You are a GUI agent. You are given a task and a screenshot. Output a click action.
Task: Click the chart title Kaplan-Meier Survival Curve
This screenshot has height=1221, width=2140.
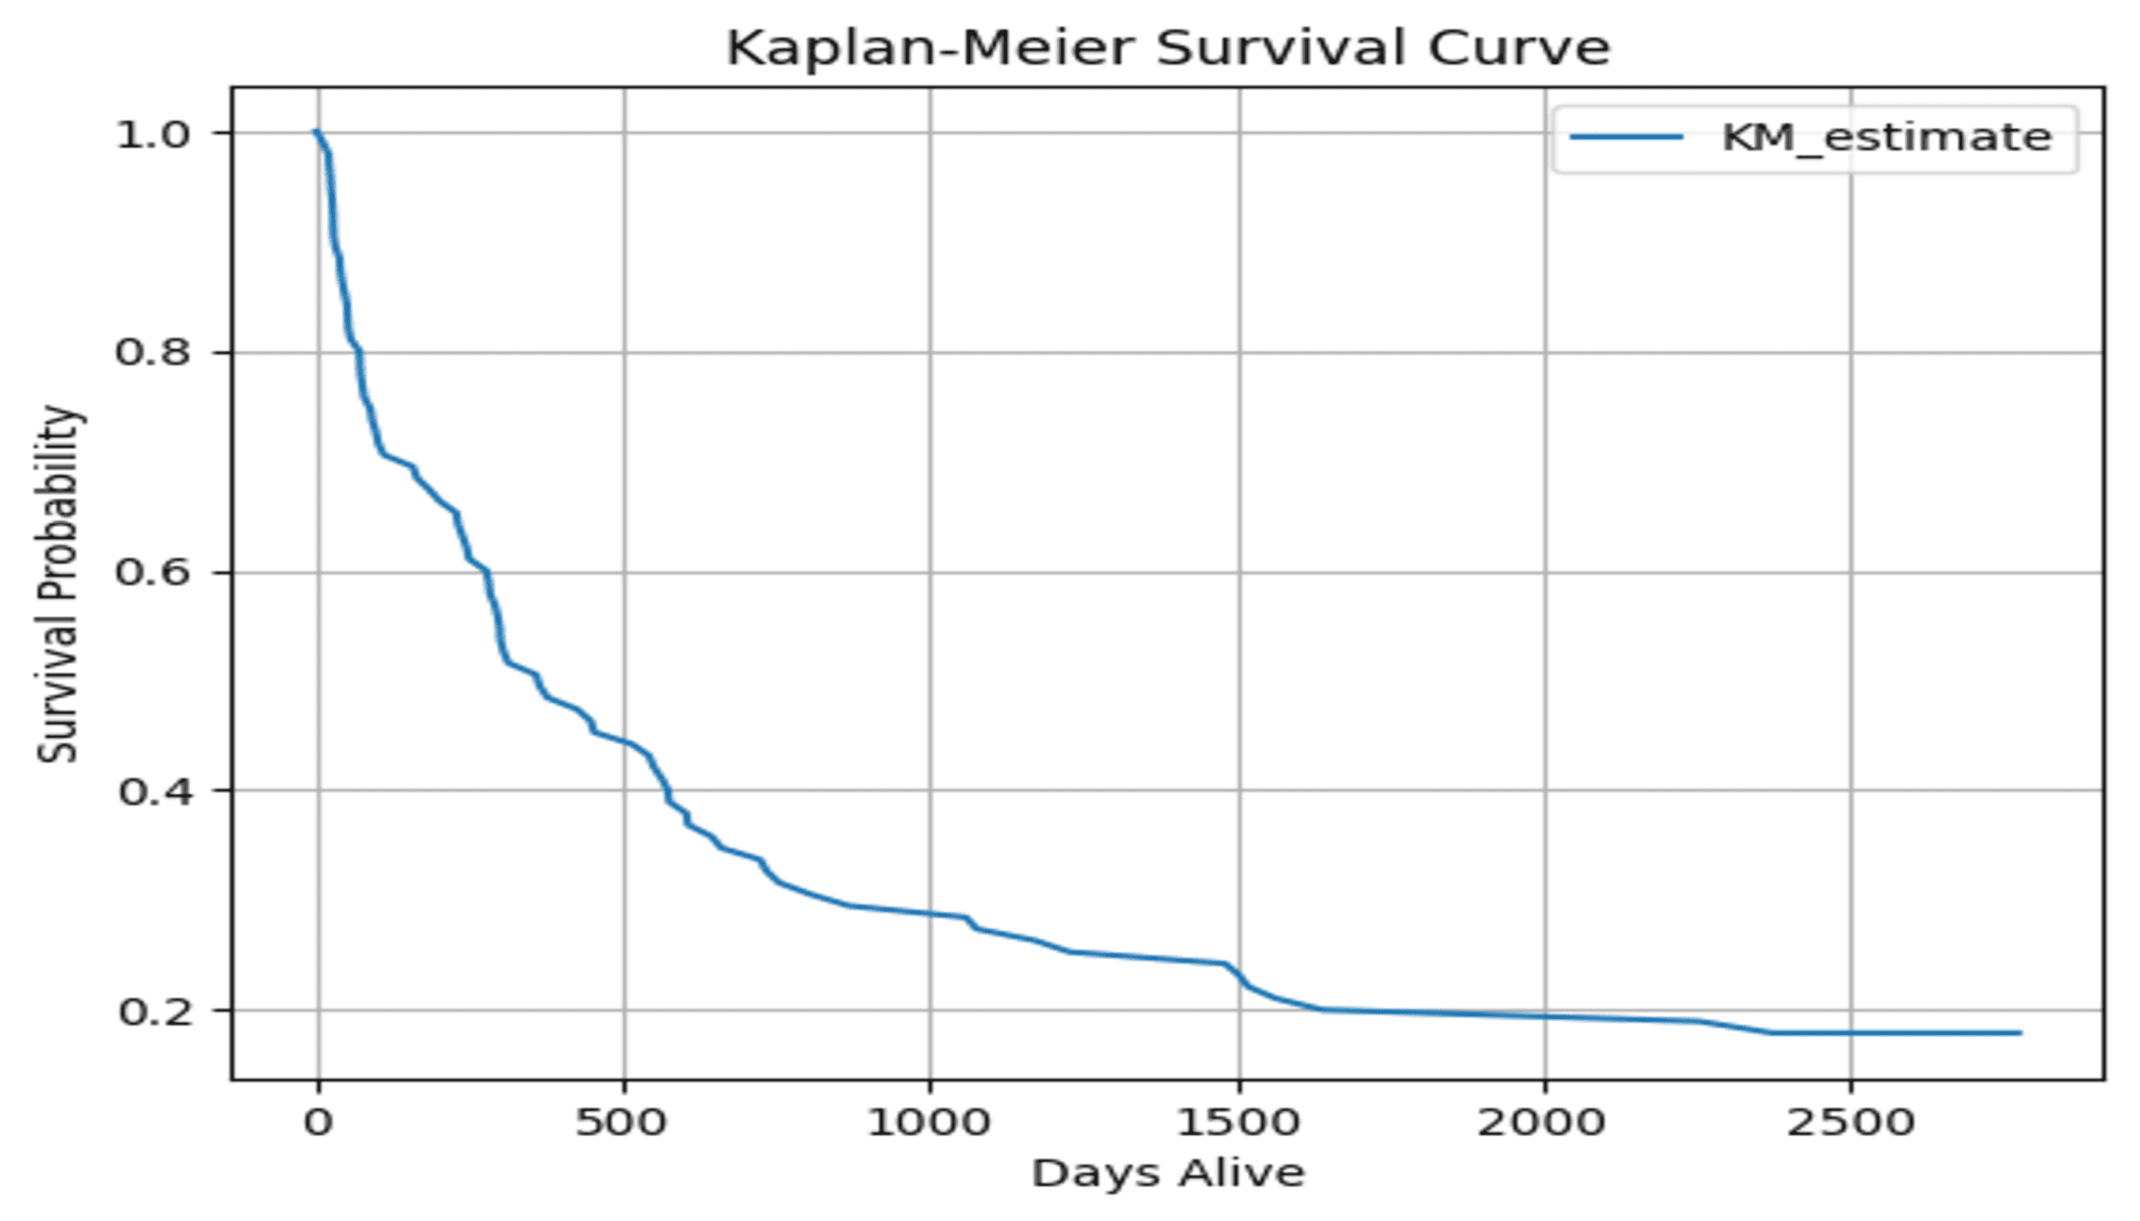point(1167,48)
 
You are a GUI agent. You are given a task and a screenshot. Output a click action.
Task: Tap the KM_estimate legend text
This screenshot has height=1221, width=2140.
point(1886,137)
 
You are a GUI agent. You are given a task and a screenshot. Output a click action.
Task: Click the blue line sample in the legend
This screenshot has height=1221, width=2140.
point(1626,137)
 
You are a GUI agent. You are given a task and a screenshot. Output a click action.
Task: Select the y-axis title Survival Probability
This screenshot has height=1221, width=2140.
point(58,585)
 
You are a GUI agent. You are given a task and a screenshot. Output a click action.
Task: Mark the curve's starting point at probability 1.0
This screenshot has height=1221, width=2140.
point(316,132)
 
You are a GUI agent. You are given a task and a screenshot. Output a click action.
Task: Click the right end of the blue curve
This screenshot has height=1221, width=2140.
point(2020,1032)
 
